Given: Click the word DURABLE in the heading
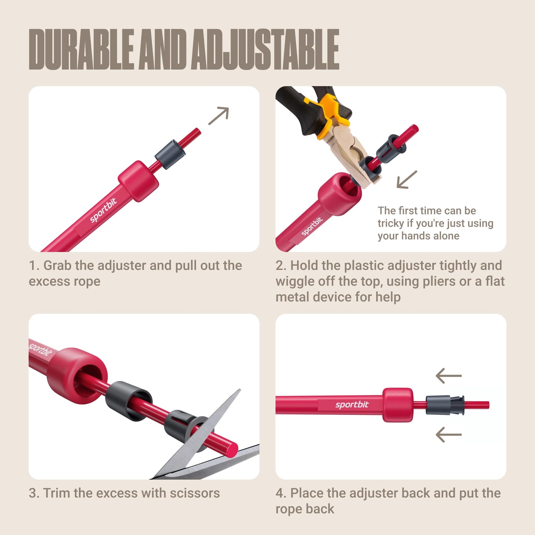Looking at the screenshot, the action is click(x=81, y=49).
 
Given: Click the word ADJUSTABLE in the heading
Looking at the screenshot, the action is click(x=265, y=49).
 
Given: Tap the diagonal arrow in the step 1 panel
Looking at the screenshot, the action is click(x=219, y=116).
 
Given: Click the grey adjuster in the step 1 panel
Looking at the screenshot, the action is click(x=170, y=154).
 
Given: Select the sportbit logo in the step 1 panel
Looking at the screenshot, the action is click(x=103, y=210).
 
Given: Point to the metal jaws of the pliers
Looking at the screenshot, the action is click(x=350, y=156).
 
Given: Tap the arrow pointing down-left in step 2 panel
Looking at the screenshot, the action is click(x=407, y=180).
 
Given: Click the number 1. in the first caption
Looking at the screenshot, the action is click(x=34, y=265).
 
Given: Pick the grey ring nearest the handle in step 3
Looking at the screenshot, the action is click(x=128, y=400).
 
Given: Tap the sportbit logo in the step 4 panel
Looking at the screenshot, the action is click(x=352, y=405).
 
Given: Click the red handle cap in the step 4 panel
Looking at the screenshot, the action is click(x=398, y=405).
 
